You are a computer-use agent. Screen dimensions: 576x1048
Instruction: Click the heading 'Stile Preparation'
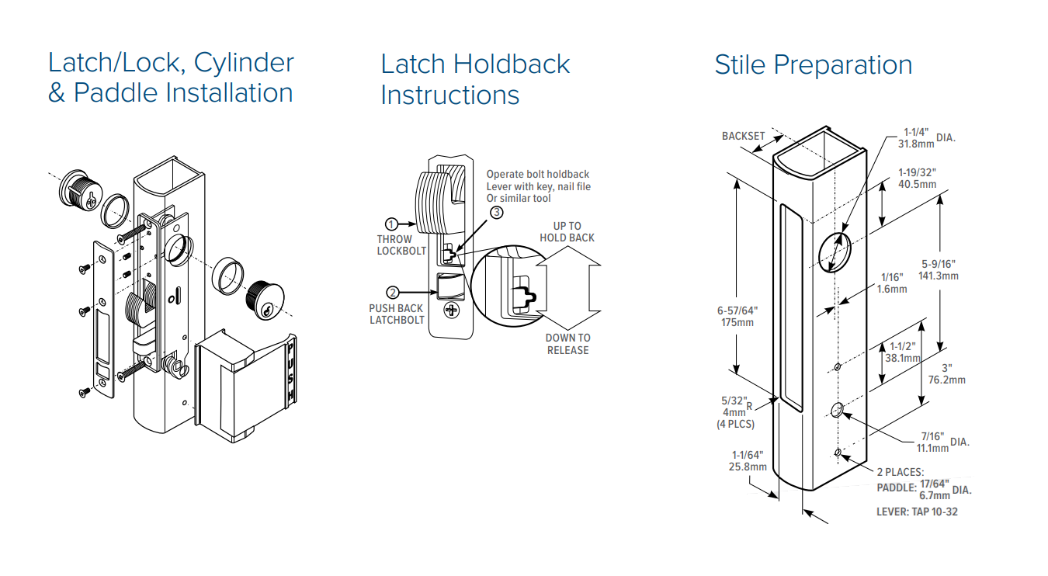[x=813, y=65]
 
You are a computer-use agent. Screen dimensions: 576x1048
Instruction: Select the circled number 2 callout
[x=393, y=292]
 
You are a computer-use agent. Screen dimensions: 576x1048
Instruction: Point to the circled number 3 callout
[x=496, y=212]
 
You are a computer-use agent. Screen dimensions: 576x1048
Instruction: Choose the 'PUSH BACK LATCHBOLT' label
[x=396, y=314]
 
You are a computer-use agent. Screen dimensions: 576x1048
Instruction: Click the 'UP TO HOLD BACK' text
[x=567, y=232]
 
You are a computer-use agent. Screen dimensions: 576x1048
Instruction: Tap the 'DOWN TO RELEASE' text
[x=567, y=344]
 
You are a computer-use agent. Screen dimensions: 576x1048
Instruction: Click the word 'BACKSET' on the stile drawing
[x=743, y=136]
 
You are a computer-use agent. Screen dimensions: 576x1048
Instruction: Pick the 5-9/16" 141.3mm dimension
[x=939, y=269]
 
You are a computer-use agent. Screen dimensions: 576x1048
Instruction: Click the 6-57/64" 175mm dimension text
[x=737, y=316]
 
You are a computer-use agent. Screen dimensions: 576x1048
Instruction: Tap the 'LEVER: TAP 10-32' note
[x=915, y=512]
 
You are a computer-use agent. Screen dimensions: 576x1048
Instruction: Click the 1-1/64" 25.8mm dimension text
[x=748, y=461]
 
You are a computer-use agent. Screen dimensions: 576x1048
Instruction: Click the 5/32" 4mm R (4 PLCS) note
[x=735, y=413]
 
